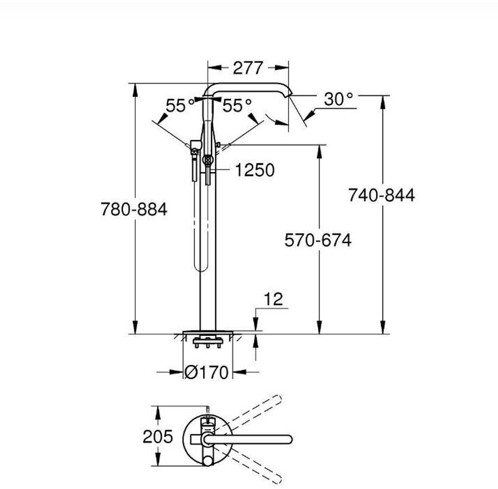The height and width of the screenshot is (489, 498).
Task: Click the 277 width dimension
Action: [248, 68]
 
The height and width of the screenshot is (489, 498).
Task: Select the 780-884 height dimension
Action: [134, 209]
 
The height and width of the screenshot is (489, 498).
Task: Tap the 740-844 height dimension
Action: [382, 195]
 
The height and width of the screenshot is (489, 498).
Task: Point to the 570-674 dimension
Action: [318, 240]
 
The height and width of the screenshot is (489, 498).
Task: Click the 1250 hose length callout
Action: [255, 170]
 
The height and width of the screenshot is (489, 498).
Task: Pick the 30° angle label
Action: [338, 99]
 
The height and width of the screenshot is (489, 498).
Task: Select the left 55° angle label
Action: [180, 105]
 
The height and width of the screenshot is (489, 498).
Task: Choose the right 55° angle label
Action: [237, 105]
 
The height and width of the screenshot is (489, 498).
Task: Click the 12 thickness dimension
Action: [273, 299]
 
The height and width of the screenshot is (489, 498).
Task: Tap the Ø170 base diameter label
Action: [206, 372]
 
